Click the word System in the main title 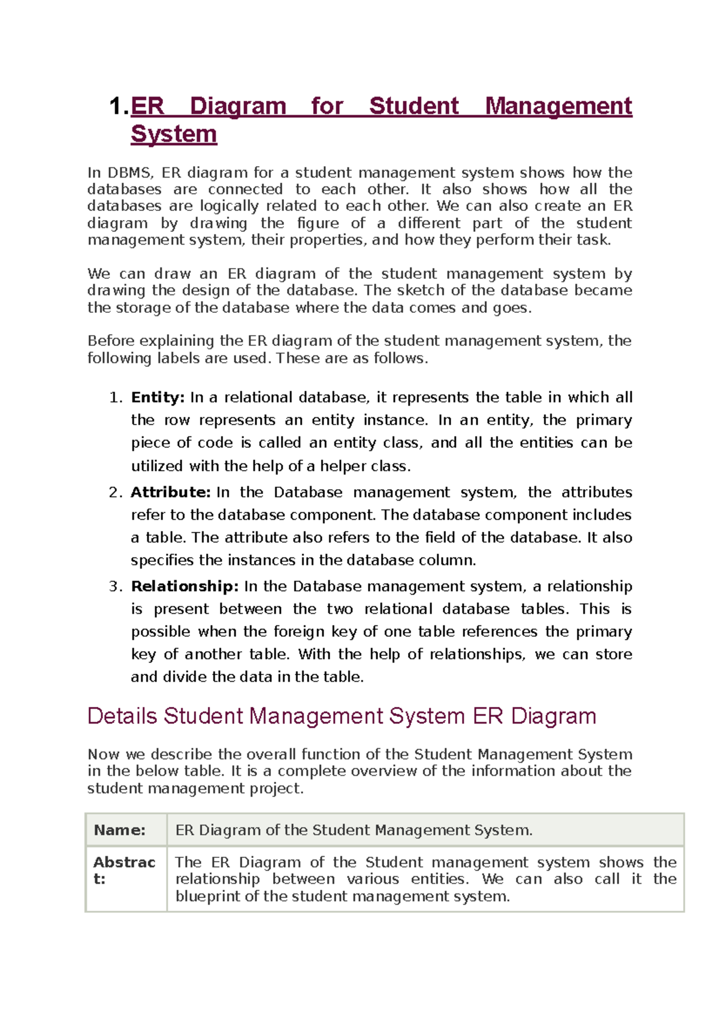pyautogui.click(x=174, y=134)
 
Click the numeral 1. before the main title pyautogui.click(x=119, y=107)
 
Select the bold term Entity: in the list pyautogui.click(x=158, y=397)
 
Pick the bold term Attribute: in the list pyautogui.click(x=171, y=492)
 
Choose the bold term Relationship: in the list pyautogui.click(x=185, y=586)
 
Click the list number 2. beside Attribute pyautogui.click(x=116, y=492)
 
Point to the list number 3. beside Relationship pyautogui.click(x=116, y=586)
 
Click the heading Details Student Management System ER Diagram pyautogui.click(x=342, y=716)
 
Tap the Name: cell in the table pyautogui.click(x=120, y=830)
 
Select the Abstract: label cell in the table pyautogui.click(x=124, y=871)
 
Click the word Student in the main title pyautogui.click(x=413, y=106)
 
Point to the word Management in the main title pyautogui.click(x=558, y=106)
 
